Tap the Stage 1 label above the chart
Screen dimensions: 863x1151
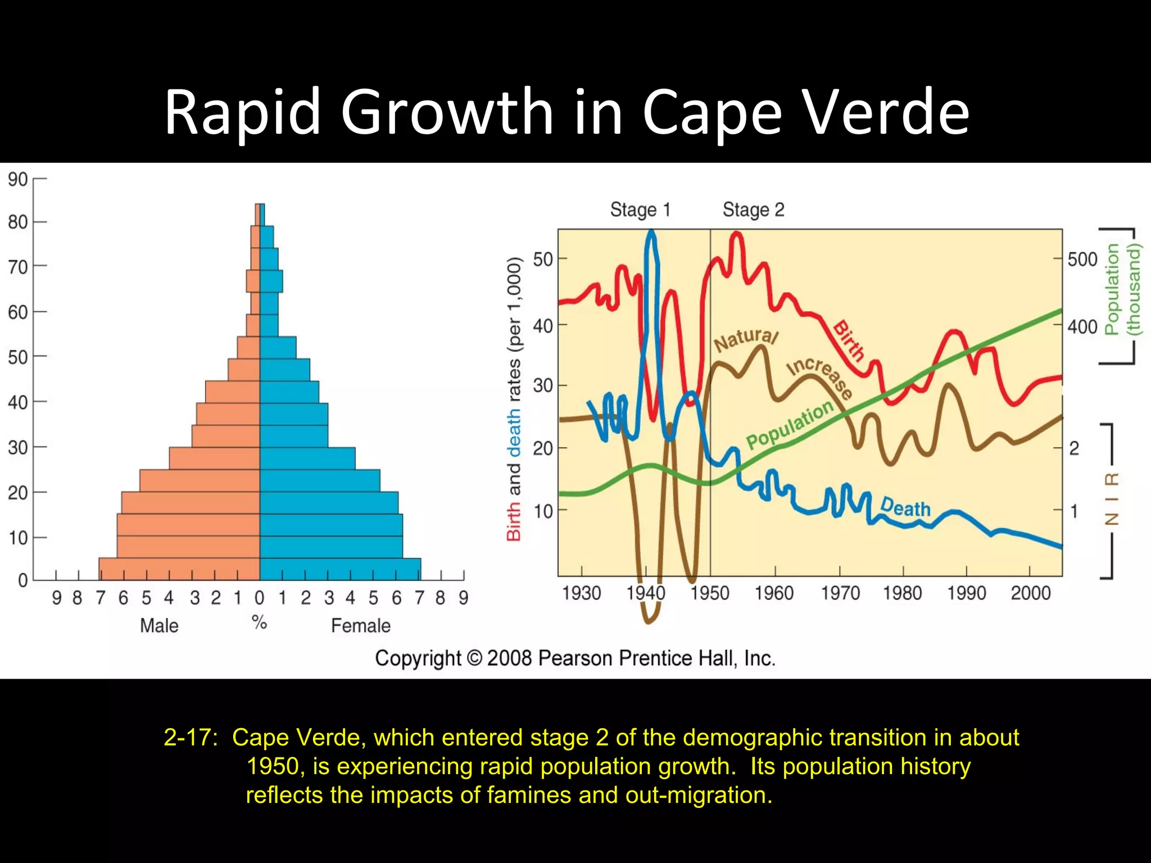[640, 210]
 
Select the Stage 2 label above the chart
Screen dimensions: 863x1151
[753, 210]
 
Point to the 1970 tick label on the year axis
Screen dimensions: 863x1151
[840, 593]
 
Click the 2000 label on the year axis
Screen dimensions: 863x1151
[1030, 593]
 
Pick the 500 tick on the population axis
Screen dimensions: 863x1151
[1082, 260]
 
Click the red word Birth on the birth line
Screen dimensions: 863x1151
[849, 340]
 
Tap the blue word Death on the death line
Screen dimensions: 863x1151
[905, 507]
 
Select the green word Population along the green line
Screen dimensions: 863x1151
[790, 425]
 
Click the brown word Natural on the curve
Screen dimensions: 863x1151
[746, 339]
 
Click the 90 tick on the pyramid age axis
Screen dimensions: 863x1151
[17, 180]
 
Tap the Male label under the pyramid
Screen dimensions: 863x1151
[159, 626]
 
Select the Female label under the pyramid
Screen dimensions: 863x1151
[360, 626]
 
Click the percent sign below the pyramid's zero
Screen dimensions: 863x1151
[259, 622]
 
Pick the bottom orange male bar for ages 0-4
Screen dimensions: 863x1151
[180, 569]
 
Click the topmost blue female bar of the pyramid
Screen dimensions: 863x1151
[262, 215]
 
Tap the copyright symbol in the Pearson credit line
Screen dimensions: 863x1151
[474, 658]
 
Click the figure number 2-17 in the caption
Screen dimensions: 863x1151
[189, 738]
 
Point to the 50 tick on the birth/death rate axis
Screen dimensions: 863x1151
[543, 260]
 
